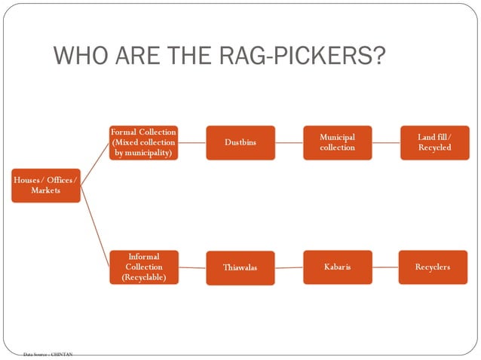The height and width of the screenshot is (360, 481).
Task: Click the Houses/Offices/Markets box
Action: tap(45, 185)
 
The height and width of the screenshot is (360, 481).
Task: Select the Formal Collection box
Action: tap(143, 142)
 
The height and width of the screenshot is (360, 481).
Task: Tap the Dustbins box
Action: tap(240, 142)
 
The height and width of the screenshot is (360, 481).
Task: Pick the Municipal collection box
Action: tap(337, 142)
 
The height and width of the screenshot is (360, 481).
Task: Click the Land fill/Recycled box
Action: tap(434, 142)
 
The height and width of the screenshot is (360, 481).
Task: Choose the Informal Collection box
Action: tap(143, 267)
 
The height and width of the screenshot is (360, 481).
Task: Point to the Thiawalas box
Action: tap(240, 267)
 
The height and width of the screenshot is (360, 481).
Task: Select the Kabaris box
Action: tap(337, 267)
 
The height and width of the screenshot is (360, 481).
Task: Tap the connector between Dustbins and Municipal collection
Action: tap(289, 142)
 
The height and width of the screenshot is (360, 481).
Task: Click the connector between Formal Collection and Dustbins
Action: tap(192, 142)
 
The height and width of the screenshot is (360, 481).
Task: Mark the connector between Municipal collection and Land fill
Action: tap(385, 142)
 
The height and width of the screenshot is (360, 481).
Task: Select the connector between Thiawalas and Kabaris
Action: tap(289, 267)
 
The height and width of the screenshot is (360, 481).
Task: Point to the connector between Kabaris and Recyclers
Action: tap(385, 267)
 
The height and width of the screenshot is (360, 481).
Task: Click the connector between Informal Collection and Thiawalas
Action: tap(192, 267)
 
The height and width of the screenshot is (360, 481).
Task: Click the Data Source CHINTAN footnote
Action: tap(47, 353)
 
